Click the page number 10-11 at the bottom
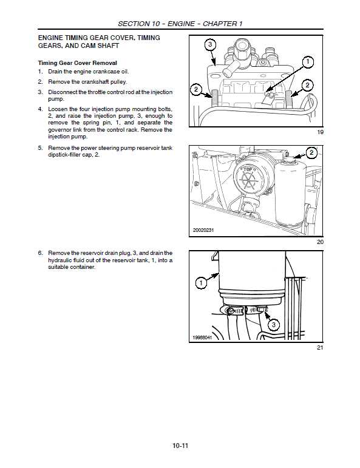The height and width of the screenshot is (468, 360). (x=180, y=446)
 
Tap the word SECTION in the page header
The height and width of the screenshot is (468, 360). (x=134, y=24)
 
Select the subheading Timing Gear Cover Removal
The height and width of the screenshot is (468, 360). (x=77, y=63)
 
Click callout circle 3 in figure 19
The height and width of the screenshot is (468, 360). (x=209, y=45)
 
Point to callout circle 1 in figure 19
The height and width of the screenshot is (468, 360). (x=308, y=61)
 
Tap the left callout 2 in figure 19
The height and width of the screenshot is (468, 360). (x=195, y=90)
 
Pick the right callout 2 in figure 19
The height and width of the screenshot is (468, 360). (x=308, y=85)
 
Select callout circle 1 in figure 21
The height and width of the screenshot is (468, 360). (x=200, y=282)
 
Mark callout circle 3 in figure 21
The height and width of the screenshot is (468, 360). (x=274, y=325)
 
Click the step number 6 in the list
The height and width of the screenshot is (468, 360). (x=39, y=253)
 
